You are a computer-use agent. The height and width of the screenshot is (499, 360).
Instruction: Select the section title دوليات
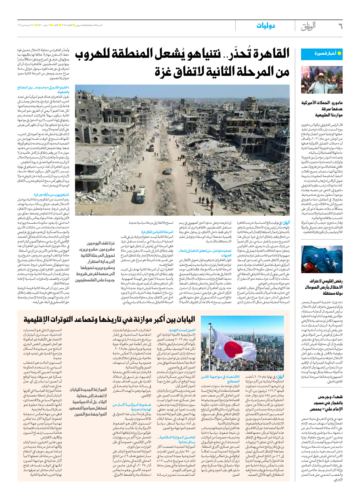click(266, 26)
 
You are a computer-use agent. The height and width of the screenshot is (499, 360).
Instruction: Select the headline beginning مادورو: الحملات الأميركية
click(322, 109)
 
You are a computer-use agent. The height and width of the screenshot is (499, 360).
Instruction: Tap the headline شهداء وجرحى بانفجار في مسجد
click(326, 403)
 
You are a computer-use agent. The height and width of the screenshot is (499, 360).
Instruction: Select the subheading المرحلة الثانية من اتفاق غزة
click(157, 232)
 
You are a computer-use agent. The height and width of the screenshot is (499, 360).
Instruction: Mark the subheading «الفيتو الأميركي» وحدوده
click(43, 89)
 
